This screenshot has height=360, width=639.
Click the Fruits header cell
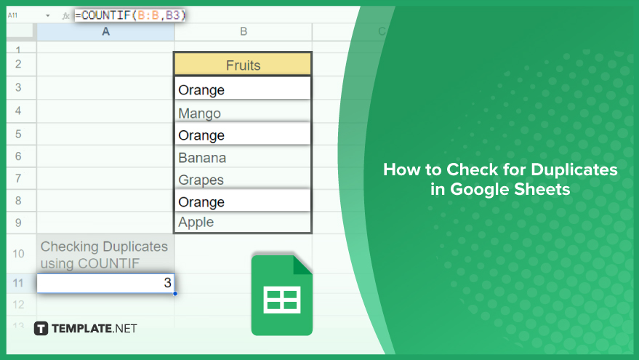tap(243, 65)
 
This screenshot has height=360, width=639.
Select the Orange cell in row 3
tap(243, 88)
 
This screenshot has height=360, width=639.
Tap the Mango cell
tap(243, 111)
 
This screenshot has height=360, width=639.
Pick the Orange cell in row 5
tap(243, 134)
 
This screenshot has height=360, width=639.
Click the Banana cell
tap(243, 156)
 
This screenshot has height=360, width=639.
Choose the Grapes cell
tap(243, 179)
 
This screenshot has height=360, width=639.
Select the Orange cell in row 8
tap(243, 201)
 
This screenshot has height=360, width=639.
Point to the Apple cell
tap(243, 223)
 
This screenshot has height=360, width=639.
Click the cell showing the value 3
tap(105, 283)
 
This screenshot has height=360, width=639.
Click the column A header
tap(105, 31)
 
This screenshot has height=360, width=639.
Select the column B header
tap(244, 31)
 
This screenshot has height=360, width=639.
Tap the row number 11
tap(18, 283)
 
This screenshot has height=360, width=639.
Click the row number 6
tap(18, 156)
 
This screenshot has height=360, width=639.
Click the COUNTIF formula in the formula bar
tap(130, 15)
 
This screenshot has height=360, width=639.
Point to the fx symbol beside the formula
tap(65, 16)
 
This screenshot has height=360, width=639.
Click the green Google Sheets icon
tap(281, 295)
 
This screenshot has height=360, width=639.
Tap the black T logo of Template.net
tap(41, 329)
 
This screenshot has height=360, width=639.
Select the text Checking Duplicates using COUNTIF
tap(104, 255)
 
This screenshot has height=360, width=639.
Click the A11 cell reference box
tap(12, 15)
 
